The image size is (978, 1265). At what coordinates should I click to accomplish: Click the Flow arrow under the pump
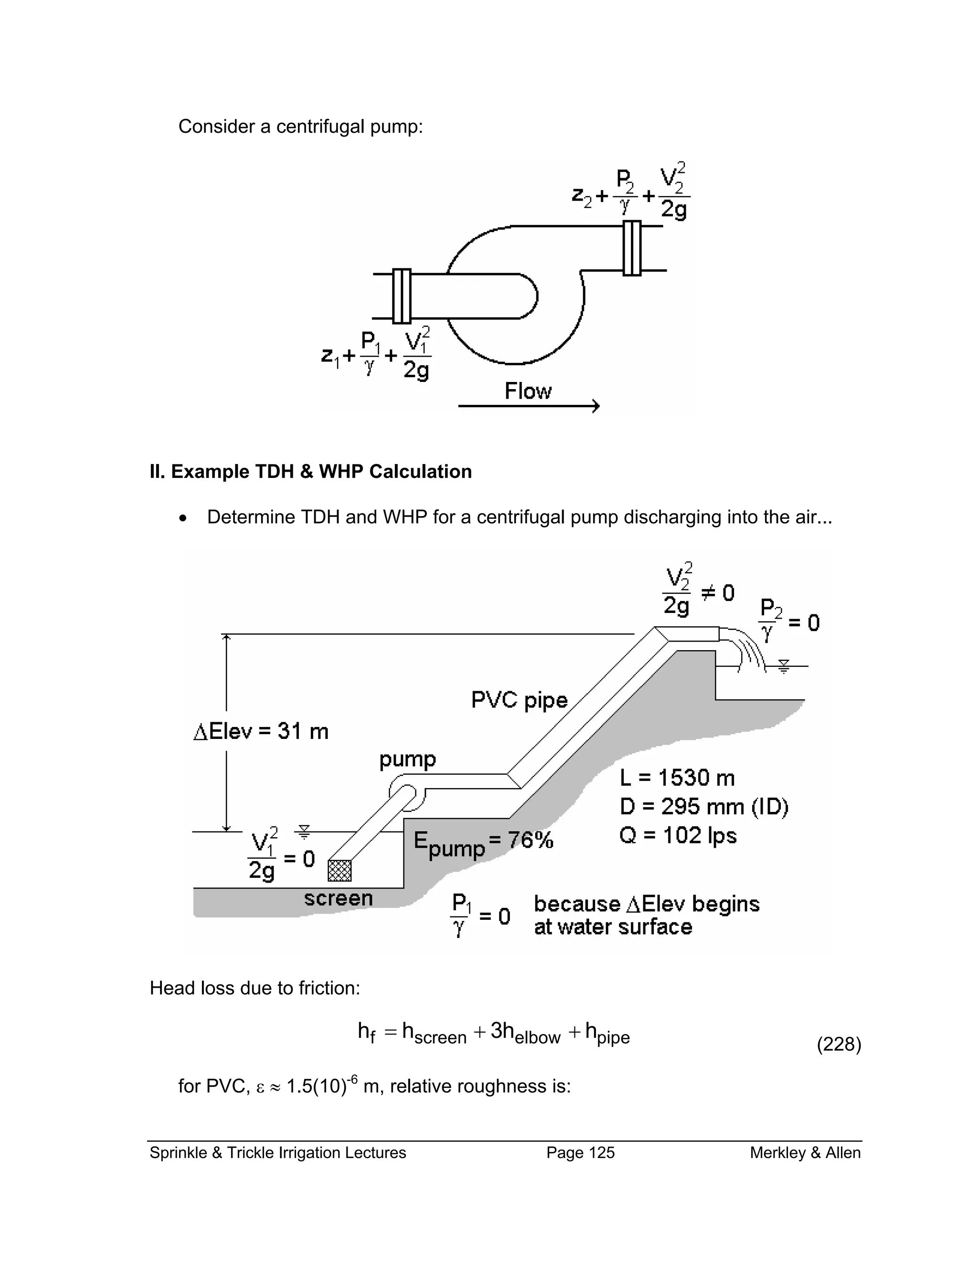pyautogui.click(x=529, y=406)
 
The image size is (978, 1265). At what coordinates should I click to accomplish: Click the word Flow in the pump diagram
pyautogui.click(x=528, y=391)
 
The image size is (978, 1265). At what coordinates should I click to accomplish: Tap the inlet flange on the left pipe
pyautogui.click(x=402, y=296)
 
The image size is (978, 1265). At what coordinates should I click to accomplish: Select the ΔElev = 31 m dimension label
pyautogui.click(x=261, y=731)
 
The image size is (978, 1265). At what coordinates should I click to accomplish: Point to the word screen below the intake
pyautogui.click(x=339, y=898)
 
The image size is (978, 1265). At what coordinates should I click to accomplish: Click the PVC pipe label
pyautogui.click(x=519, y=700)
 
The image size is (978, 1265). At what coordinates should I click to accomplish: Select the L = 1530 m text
pyautogui.click(x=677, y=777)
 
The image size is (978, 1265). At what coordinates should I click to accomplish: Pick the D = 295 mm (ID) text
pyautogui.click(x=703, y=806)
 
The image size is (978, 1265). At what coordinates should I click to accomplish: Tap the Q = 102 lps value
pyautogui.click(x=677, y=835)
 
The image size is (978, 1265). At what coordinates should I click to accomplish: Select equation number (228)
pyautogui.click(x=839, y=1044)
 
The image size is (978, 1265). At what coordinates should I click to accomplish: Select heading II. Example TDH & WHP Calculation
pyautogui.click(x=310, y=472)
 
